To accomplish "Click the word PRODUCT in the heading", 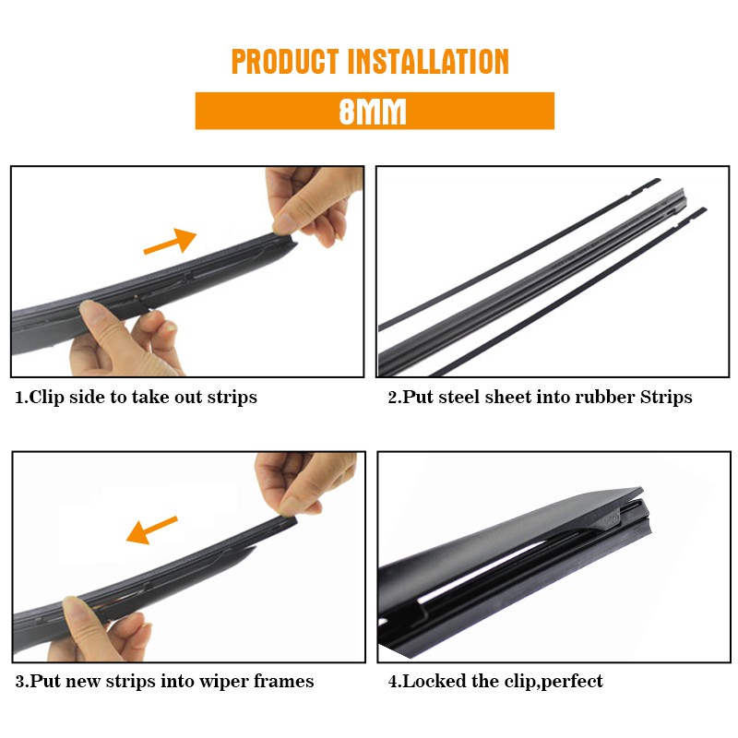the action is click(x=285, y=62).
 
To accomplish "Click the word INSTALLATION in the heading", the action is click(x=429, y=62).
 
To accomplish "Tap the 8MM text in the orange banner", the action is click(x=373, y=112).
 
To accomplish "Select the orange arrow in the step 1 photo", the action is click(x=170, y=241).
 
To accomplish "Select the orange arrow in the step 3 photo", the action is click(x=151, y=530).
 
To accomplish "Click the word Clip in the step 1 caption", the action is click(x=47, y=398).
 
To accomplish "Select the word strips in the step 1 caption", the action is click(x=232, y=398).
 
